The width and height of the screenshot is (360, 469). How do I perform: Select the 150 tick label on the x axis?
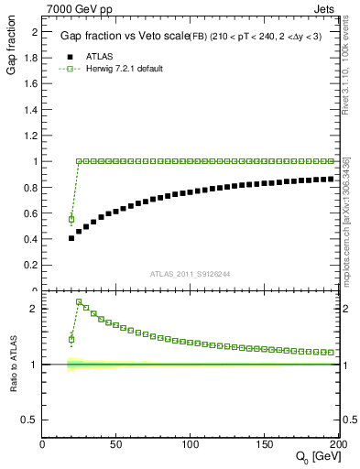point(266,444)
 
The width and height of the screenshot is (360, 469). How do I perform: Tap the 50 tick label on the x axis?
point(116,444)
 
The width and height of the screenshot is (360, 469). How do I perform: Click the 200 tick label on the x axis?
point(337,444)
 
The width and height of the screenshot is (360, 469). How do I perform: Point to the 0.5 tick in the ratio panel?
point(31,420)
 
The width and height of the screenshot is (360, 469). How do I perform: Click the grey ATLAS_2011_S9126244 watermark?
point(191,272)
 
